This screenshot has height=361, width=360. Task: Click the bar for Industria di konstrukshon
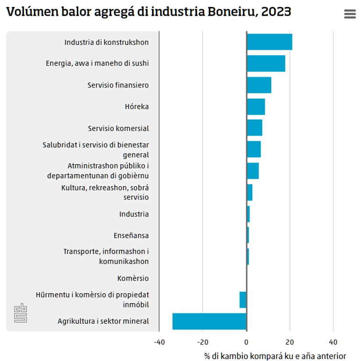pyautogui.click(x=269, y=42)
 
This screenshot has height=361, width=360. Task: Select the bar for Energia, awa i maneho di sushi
pyautogui.click(x=266, y=64)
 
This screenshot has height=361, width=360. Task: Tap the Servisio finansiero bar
pyautogui.click(x=259, y=85)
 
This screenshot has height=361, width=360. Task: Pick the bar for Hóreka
pyautogui.click(x=256, y=106)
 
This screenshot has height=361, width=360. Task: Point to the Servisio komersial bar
pyautogui.click(x=254, y=128)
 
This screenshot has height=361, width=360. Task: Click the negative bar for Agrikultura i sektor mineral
pyautogui.click(x=209, y=321)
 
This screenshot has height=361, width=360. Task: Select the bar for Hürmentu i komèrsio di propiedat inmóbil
pyautogui.click(x=243, y=300)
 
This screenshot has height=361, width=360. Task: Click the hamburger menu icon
pyautogui.click(x=350, y=14)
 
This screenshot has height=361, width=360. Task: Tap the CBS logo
pyautogui.click(x=21, y=313)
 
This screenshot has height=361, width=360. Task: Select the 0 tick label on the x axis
pyautogui.click(x=246, y=342)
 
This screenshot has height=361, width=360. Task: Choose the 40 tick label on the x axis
pyautogui.click(x=333, y=342)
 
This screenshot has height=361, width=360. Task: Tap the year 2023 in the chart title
pyautogui.click(x=276, y=12)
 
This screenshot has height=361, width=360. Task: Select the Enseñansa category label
pyautogui.click(x=131, y=235)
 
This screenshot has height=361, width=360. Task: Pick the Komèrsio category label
pyautogui.click(x=133, y=278)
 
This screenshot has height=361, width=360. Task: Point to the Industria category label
pyautogui.click(x=134, y=214)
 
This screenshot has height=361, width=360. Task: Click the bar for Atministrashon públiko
pyautogui.click(x=253, y=171)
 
